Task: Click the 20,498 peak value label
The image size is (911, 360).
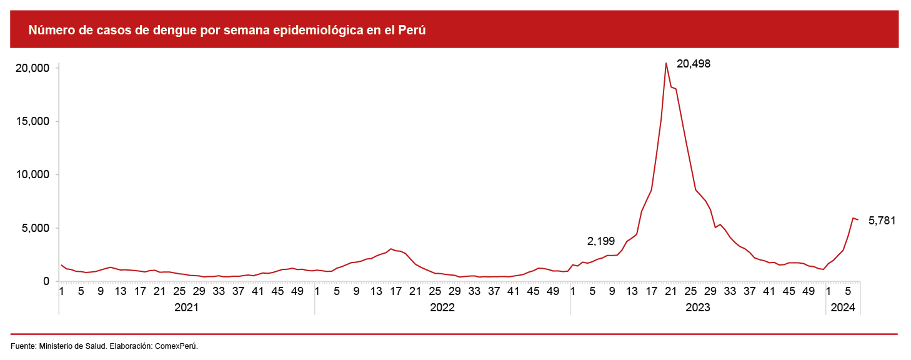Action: (x=694, y=64)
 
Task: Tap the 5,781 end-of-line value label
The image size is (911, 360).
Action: (x=882, y=220)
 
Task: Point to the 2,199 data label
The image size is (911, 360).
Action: (x=601, y=241)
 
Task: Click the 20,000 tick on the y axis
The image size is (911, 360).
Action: (x=31, y=67)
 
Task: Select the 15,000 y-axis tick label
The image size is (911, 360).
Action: (x=31, y=121)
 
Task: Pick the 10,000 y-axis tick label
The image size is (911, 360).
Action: (x=31, y=174)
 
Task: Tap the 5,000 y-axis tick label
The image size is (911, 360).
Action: (x=34, y=228)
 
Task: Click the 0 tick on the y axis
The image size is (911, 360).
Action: (x=46, y=281)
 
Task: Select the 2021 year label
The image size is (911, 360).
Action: (x=186, y=307)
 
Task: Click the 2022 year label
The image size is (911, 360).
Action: (x=442, y=307)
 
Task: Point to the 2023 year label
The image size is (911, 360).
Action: (x=698, y=307)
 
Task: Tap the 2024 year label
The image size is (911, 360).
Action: (x=843, y=307)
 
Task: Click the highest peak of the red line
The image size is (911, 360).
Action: (x=666, y=63)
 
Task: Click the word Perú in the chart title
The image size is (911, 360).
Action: (x=412, y=30)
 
